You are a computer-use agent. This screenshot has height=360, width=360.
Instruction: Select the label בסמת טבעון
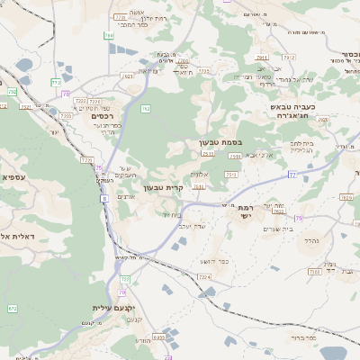pos(220,142)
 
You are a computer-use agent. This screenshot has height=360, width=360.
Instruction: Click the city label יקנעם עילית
pos(112,308)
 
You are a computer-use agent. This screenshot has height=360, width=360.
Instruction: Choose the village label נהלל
pos(312,240)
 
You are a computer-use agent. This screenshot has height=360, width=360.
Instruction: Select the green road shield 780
pos(108,35)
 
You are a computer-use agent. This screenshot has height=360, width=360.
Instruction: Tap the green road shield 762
pos(145,109)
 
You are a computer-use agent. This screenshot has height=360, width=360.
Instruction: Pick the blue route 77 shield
pos(292,174)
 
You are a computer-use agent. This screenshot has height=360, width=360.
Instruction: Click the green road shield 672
pos(13,309)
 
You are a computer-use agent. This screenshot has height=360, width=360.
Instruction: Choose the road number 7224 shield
pos(203,276)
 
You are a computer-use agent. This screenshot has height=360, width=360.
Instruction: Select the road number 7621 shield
pos(127,77)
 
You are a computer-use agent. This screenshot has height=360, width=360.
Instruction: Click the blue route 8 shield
pos(104,198)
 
